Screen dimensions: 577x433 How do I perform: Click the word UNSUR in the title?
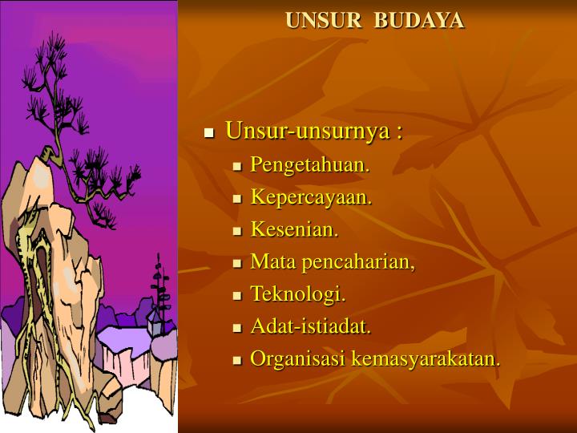pyautogui.click(x=323, y=20)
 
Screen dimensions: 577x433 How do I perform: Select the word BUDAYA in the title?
pyautogui.click(x=418, y=20)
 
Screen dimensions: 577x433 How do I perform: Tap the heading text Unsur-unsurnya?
pyautogui.click(x=308, y=131)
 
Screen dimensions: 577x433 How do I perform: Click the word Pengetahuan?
pyautogui.click(x=309, y=165)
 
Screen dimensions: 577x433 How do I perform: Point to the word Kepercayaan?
pyautogui.click(x=311, y=197)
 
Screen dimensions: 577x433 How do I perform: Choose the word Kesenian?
pyautogui.click(x=294, y=229)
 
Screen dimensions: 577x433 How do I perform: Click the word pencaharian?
pyautogui.click(x=358, y=262)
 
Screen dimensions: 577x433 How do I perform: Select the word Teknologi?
pyautogui.click(x=298, y=294)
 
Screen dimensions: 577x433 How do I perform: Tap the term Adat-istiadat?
pyautogui.click(x=310, y=326)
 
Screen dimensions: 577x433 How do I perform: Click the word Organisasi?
pyautogui.click(x=298, y=359)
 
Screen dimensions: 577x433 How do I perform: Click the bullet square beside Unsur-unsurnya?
pyautogui.click(x=209, y=133)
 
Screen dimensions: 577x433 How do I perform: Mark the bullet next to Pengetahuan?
pyautogui.click(x=237, y=167)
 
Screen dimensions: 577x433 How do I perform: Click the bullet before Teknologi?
pyautogui.click(x=237, y=296)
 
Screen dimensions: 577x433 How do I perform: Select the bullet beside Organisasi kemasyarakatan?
pyautogui.click(x=237, y=360)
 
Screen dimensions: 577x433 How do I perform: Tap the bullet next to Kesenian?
pyautogui.click(x=237, y=231)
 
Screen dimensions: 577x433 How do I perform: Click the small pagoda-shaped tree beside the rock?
pyautogui.click(x=160, y=287)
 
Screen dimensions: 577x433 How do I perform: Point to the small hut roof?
pyautogui.click(x=154, y=315)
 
